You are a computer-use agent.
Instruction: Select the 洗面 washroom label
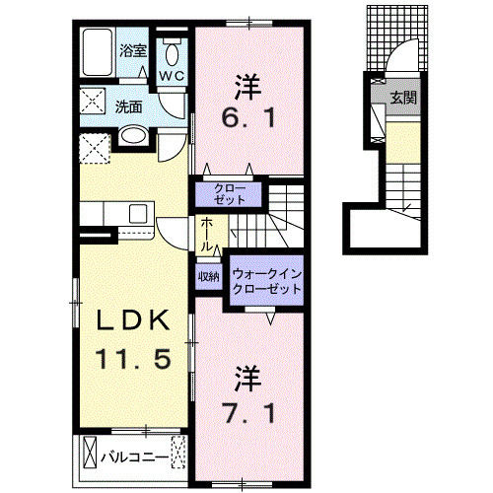(x=127, y=106)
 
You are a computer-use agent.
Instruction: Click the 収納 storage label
(x=207, y=277)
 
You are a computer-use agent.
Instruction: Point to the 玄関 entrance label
(x=404, y=98)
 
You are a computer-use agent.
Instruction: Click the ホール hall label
(x=207, y=235)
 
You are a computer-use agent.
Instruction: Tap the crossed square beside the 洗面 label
(x=95, y=102)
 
